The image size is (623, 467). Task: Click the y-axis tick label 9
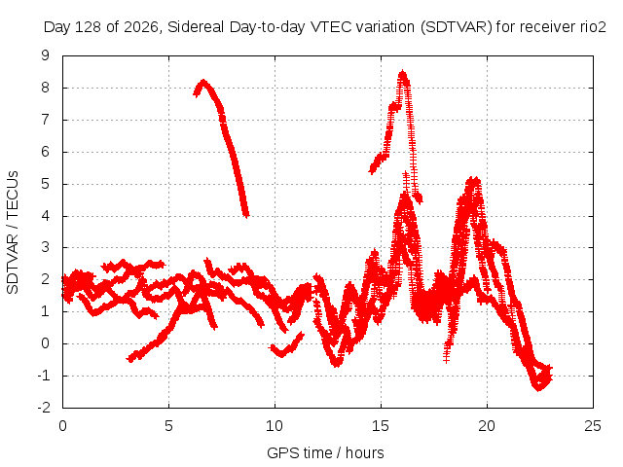46,55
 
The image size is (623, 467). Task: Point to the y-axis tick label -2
43,408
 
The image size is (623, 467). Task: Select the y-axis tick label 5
46,184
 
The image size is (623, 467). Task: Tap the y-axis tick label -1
43,376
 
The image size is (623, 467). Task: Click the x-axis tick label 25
593,426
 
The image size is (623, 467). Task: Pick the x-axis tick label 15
381,426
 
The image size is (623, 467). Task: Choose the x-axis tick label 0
62,426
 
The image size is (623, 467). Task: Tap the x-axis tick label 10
275,426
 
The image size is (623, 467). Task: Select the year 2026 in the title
141,27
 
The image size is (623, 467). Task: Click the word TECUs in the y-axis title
13,195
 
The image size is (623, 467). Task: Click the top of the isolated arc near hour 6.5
203,82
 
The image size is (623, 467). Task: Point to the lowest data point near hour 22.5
538,388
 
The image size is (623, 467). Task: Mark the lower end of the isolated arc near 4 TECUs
246,215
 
